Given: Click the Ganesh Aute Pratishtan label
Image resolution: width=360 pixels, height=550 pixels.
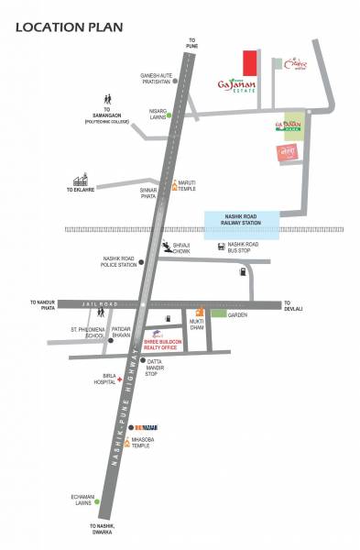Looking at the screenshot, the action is pos(156,77).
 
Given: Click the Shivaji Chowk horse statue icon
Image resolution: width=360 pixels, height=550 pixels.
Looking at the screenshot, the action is pos(166,246).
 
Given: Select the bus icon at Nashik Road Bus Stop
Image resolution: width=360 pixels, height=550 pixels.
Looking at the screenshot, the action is pos(222,246).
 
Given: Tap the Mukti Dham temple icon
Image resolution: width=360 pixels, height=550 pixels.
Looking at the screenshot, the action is pos(199,313).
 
